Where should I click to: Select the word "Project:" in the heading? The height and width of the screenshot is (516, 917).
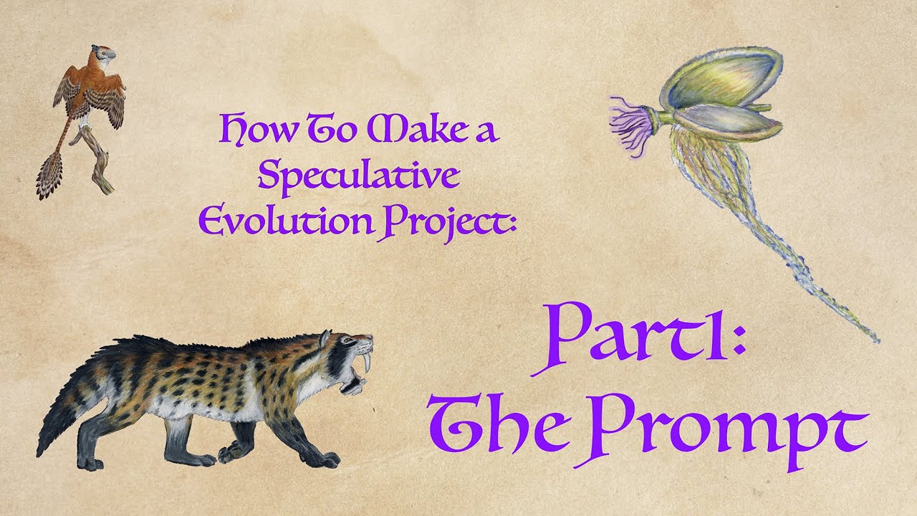click(x=451, y=219)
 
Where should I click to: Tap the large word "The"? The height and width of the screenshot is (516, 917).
click(x=501, y=428)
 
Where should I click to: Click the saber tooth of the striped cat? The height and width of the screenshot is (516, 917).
click(x=368, y=364)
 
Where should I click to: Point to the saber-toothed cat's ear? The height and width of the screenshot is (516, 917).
click(x=326, y=338)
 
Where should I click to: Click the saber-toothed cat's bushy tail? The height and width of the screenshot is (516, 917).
click(x=68, y=416)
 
